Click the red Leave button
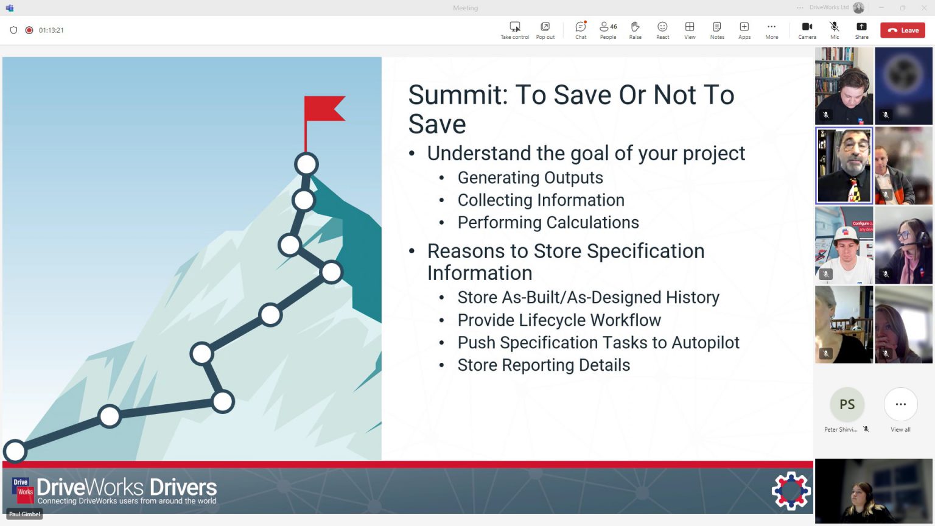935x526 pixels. (x=903, y=30)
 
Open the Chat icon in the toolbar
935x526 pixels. (x=581, y=29)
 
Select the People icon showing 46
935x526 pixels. (x=608, y=29)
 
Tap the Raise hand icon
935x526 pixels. (x=635, y=29)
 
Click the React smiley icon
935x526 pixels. (x=662, y=29)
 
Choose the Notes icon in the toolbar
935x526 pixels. (x=717, y=29)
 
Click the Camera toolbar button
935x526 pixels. (x=807, y=29)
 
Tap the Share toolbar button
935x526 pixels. (x=861, y=29)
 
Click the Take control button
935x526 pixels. (x=515, y=29)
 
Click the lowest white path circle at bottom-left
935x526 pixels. (x=15, y=451)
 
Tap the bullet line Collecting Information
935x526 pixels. (x=541, y=200)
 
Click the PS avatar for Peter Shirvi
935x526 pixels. (x=847, y=404)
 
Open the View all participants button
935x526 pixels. (x=900, y=404)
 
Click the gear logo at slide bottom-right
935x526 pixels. (x=791, y=490)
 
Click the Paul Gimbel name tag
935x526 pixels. (x=24, y=514)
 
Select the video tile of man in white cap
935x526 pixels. (x=844, y=245)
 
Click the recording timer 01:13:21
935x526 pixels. (x=51, y=30)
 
